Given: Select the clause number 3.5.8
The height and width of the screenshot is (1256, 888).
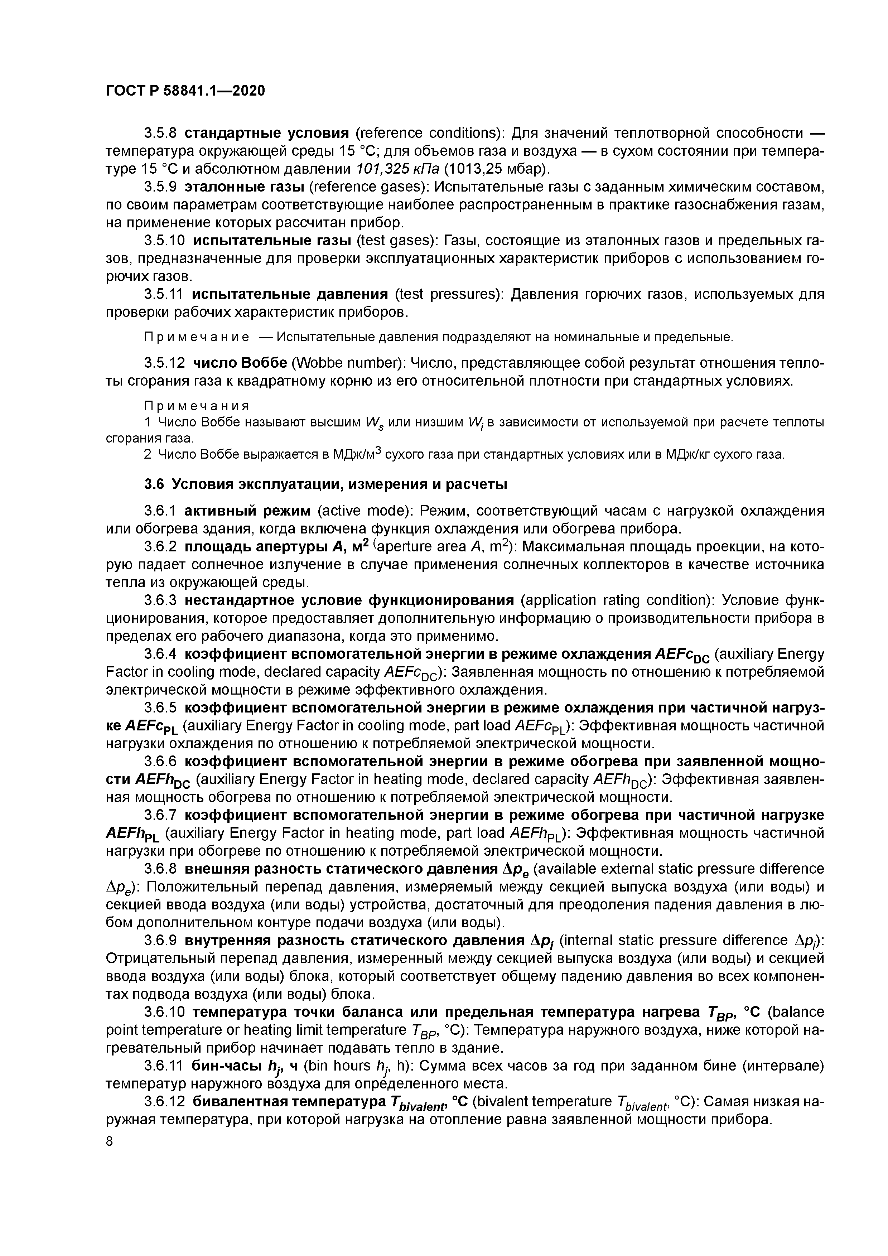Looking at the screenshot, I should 160,133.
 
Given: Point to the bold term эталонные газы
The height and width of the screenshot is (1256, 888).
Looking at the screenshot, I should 244,187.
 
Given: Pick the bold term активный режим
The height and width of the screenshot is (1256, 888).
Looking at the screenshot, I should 247,511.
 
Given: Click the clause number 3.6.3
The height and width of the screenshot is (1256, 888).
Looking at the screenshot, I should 160,601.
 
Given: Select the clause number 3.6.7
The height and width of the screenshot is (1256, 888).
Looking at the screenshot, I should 160,815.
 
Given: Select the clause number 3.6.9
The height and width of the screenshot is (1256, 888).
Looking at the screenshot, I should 160,940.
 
